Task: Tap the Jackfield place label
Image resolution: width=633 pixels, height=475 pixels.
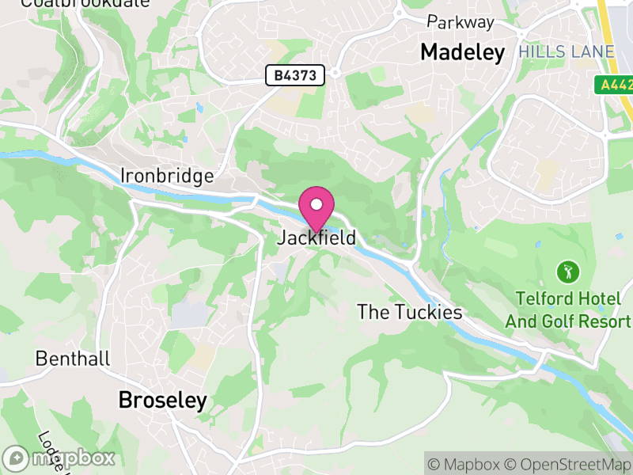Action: [x=316, y=237]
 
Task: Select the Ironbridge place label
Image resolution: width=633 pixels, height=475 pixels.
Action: [x=167, y=175]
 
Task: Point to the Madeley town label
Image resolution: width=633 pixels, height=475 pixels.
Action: [x=462, y=52]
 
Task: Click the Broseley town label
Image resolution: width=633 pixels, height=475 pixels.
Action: [x=162, y=401]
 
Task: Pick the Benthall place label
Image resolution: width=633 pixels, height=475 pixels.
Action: [x=73, y=359]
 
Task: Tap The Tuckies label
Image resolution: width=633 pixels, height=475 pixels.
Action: [x=409, y=312]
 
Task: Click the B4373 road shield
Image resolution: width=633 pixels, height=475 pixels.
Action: [x=295, y=75]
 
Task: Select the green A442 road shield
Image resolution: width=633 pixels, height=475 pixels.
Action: [x=614, y=83]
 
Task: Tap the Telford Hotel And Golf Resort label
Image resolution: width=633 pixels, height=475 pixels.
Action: [x=567, y=310]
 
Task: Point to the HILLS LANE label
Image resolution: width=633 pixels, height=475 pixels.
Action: [x=567, y=52]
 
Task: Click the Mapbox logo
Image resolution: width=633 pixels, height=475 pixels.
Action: [x=60, y=458]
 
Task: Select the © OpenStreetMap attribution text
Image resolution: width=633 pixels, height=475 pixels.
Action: [x=572, y=464]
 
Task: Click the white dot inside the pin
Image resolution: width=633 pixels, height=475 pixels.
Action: [x=316, y=204]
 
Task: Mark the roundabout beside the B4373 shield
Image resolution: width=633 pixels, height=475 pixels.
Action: [x=335, y=73]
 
